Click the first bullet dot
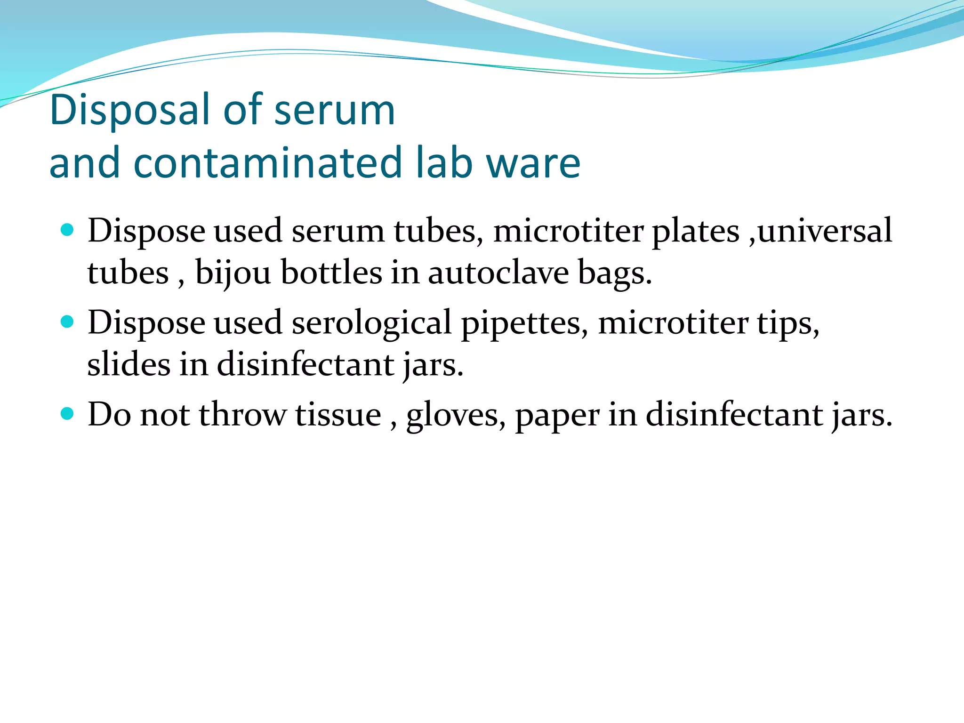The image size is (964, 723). click(68, 230)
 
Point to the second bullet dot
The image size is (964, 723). click(68, 322)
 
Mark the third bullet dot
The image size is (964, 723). click(68, 414)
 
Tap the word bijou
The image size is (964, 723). click(233, 273)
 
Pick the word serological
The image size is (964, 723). click(371, 323)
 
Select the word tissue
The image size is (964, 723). click(338, 415)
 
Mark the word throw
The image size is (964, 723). click(242, 415)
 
